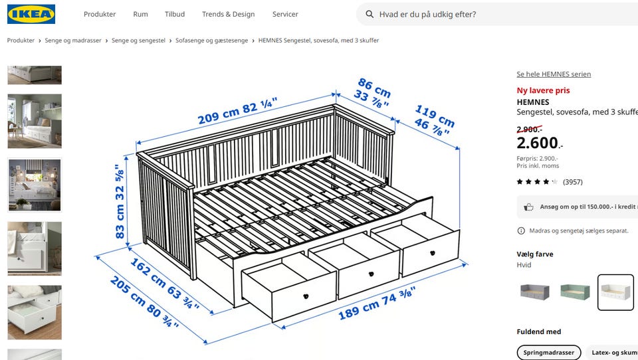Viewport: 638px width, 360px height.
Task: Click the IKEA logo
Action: pyautogui.click(x=31, y=14)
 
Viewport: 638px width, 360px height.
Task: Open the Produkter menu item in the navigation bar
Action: pyautogui.click(x=100, y=14)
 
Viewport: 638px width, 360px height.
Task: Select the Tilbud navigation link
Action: pyautogui.click(x=175, y=14)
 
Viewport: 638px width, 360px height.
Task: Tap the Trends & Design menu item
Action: pyautogui.click(x=228, y=14)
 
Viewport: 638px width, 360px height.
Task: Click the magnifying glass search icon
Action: pyautogui.click(x=370, y=14)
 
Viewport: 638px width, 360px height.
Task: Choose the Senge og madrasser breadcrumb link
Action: pyautogui.click(x=73, y=41)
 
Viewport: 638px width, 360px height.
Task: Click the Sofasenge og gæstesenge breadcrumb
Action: pyautogui.click(x=211, y=41)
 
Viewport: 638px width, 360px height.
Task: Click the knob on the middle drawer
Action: pyautogui.click(x=371, y=274)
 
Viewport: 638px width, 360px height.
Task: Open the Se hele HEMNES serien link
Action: pyautogui.click(x=554, y=74)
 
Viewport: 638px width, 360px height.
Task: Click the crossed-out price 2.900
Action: pyautogui.click(x=530, y=130)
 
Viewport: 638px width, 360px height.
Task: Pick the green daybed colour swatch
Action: pyautogui.click(x=575, y=292)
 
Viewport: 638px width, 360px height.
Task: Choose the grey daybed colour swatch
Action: pyautogui.click(x=535, y=292)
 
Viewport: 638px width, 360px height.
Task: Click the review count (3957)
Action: pyautogui.click(x=572, y=182)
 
